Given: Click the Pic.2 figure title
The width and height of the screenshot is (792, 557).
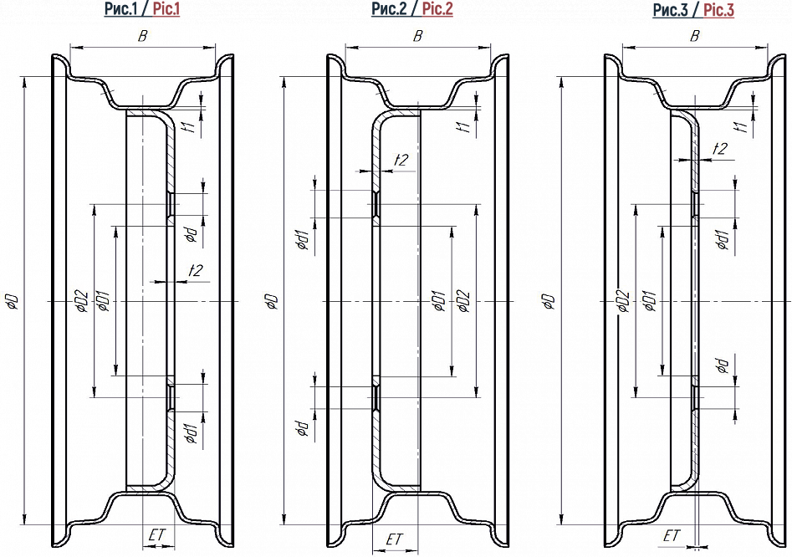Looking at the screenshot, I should click(412, 10).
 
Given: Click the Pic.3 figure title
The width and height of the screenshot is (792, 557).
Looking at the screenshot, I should click(693, 10).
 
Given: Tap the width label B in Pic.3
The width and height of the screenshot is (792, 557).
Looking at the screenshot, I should click(695, 35).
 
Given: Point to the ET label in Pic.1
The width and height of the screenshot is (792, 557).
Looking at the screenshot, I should click(156, 534).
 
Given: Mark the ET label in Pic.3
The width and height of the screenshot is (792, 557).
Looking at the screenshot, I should click(672, 535).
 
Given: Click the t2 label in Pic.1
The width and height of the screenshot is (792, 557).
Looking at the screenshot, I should click(196, 270).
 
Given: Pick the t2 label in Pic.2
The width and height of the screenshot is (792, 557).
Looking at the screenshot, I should click(401, 160).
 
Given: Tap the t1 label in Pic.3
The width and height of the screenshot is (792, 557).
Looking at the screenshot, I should click(738, 126).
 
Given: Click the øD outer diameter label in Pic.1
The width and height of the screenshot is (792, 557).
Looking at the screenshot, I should click(13, 301).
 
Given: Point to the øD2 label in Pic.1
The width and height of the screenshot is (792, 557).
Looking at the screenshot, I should click(80, 300).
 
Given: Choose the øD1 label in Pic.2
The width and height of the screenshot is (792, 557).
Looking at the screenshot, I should click(438, 301).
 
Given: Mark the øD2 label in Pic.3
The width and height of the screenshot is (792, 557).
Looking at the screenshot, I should click(622, 301).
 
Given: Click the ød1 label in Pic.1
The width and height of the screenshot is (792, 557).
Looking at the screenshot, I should click(192, 432).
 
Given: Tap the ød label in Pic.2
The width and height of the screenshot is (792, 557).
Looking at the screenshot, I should click(302, 429).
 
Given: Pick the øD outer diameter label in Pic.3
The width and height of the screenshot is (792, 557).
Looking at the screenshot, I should click(548, 301).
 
